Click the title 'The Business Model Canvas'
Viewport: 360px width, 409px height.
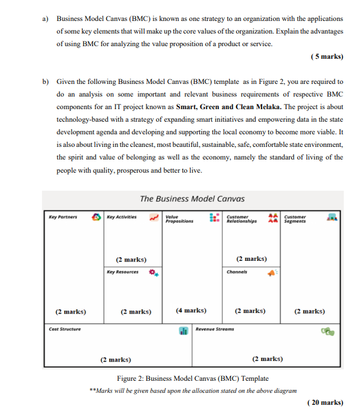[x=192, y=199]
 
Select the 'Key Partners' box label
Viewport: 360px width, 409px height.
[x=63, y=217]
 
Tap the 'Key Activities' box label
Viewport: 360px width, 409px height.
[x=122, y=217]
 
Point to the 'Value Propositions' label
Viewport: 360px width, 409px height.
[x=179, y=219]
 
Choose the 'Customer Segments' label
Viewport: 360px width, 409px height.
[x=295, y=219]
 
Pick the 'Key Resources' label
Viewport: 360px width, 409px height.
[x=122, y=272]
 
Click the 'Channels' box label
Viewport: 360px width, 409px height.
[x=238, y=272]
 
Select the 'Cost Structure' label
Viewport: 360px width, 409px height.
[x=65, y=329]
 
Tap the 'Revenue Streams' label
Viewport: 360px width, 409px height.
[x=215, y=329]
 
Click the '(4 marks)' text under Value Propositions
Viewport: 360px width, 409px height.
[x=191, y=311]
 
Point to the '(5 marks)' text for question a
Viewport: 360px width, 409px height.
[x=327, y=56]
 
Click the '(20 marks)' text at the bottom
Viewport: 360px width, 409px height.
[x=325, y=402]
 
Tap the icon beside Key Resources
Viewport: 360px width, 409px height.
[x=154, y=273]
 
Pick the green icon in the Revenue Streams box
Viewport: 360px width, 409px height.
[x=327, y=331]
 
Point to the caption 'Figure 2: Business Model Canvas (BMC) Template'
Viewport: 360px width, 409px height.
[x=193, y=378]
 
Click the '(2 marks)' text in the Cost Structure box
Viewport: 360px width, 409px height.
[x=115, y=359]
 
